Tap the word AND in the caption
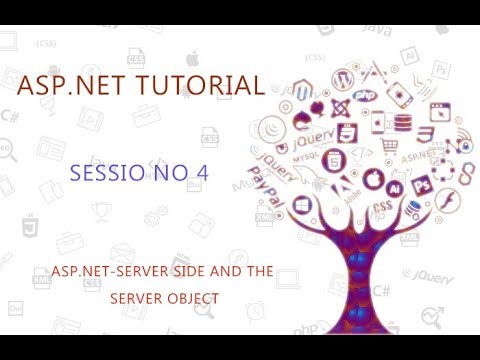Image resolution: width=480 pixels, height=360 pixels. click(224, 272)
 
